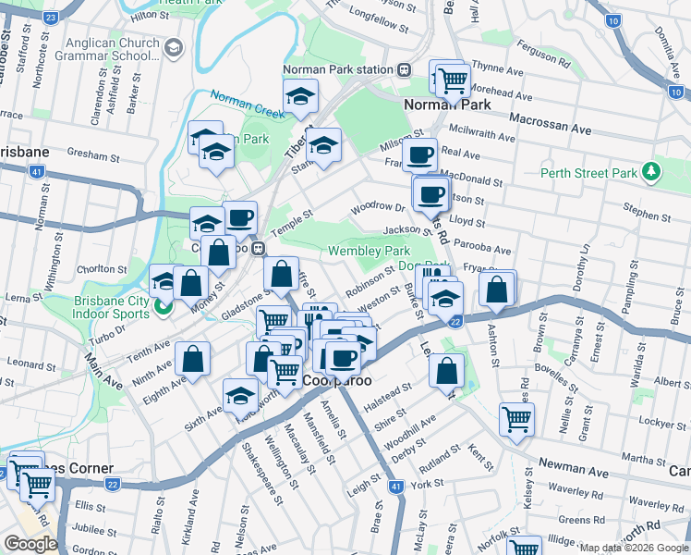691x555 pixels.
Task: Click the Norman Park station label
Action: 338,69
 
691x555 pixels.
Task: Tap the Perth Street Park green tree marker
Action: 652,172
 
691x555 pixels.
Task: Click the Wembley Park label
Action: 369,251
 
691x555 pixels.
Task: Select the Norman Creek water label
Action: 247,104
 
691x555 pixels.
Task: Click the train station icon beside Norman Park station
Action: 404,69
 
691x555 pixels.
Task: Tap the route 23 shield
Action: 52,18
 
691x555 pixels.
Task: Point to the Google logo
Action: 30,543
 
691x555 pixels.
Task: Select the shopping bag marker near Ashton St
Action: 497,290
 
